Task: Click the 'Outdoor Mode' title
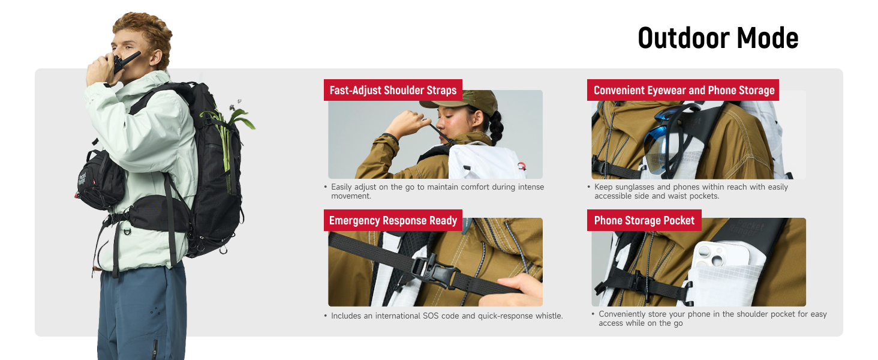tap(718, 38)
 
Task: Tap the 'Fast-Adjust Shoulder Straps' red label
tap(393, 90)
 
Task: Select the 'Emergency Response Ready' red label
tap(393, 220)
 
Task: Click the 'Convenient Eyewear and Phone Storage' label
tap(683, 90)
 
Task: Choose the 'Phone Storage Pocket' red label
tap(644, 220)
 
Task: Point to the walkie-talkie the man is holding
tap(125, 62)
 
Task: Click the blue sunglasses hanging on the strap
tap(666, 139)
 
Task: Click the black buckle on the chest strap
tap(433, 269)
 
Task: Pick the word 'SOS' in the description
tap(431, 316)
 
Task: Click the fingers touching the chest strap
tap(513, 290)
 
